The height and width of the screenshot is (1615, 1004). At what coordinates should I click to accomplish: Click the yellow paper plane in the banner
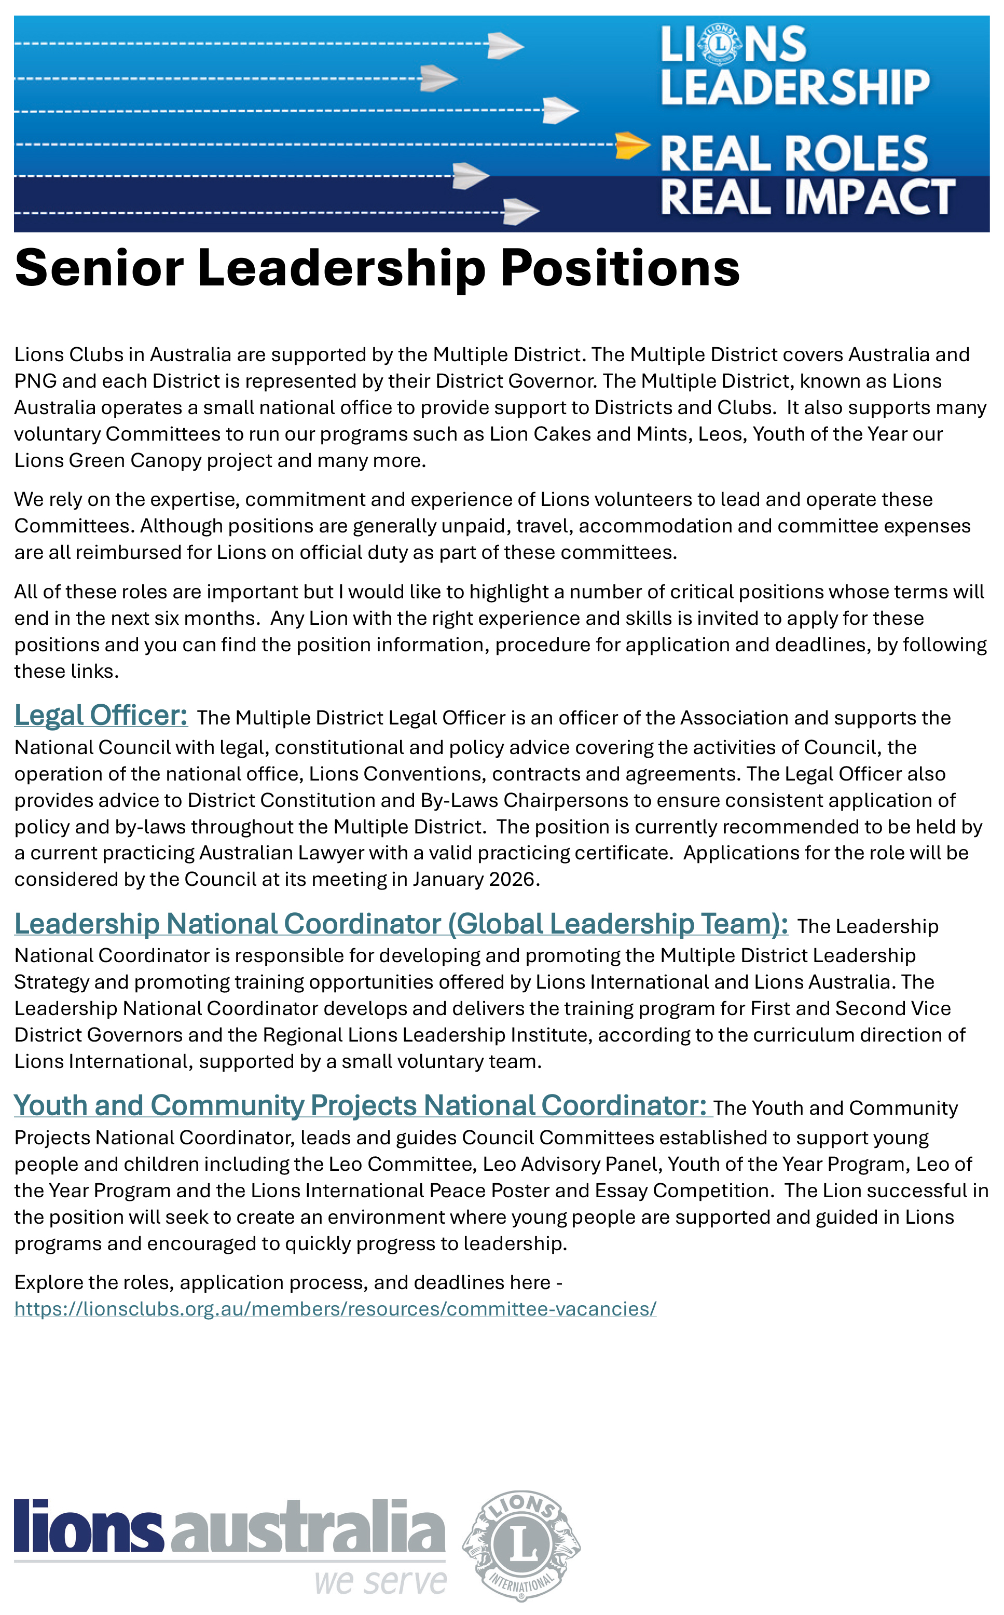tap(631, 145)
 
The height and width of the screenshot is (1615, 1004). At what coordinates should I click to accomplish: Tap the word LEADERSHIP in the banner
tap(795, 88)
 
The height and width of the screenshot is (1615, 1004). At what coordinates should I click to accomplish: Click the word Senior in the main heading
tap(99, 268)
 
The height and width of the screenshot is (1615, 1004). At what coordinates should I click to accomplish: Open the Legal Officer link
tap(101, 715)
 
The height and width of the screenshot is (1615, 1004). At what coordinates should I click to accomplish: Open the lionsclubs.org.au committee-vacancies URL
tap(335, 1308)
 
